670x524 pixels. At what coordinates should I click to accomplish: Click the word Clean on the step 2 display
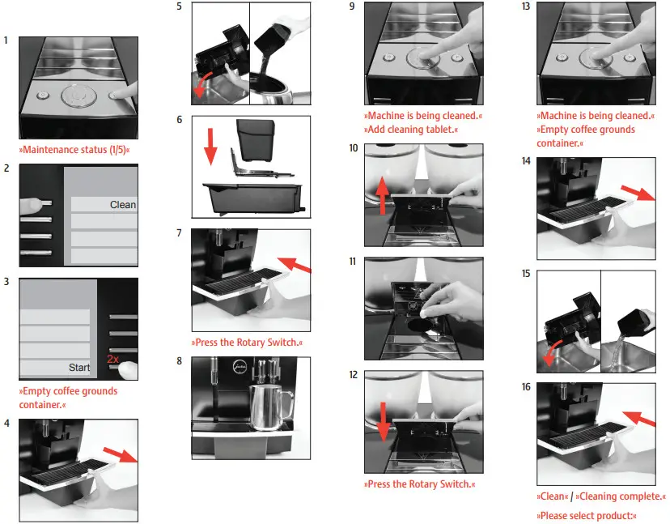tap(123, 205)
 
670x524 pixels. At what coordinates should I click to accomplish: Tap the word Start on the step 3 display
tap(79, 368)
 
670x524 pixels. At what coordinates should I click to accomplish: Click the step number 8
tap(180, 360)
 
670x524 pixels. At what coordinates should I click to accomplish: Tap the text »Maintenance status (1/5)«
tap(74, 150)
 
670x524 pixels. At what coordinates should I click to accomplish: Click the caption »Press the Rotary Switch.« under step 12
tap(419, 484)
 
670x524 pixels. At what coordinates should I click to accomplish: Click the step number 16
tap(527, 387)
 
